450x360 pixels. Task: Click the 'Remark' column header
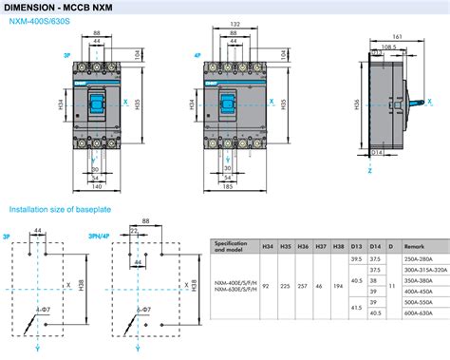(x=416, y=245)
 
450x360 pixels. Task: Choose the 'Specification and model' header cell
(x=234, y=245)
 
